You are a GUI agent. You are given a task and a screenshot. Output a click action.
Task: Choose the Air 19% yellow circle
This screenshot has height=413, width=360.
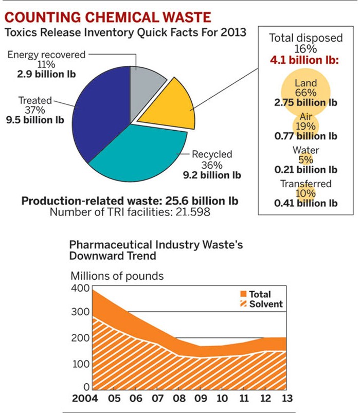pos(305,125)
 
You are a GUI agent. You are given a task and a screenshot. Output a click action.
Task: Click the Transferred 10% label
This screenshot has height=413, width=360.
pos(305,184)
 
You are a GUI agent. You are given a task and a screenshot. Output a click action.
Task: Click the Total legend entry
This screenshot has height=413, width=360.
pos(255,294)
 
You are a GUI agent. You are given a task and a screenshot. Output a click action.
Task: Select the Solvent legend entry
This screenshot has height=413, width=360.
pos(259,304)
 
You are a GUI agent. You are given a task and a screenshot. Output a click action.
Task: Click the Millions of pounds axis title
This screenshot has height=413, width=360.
pos(117,276)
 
